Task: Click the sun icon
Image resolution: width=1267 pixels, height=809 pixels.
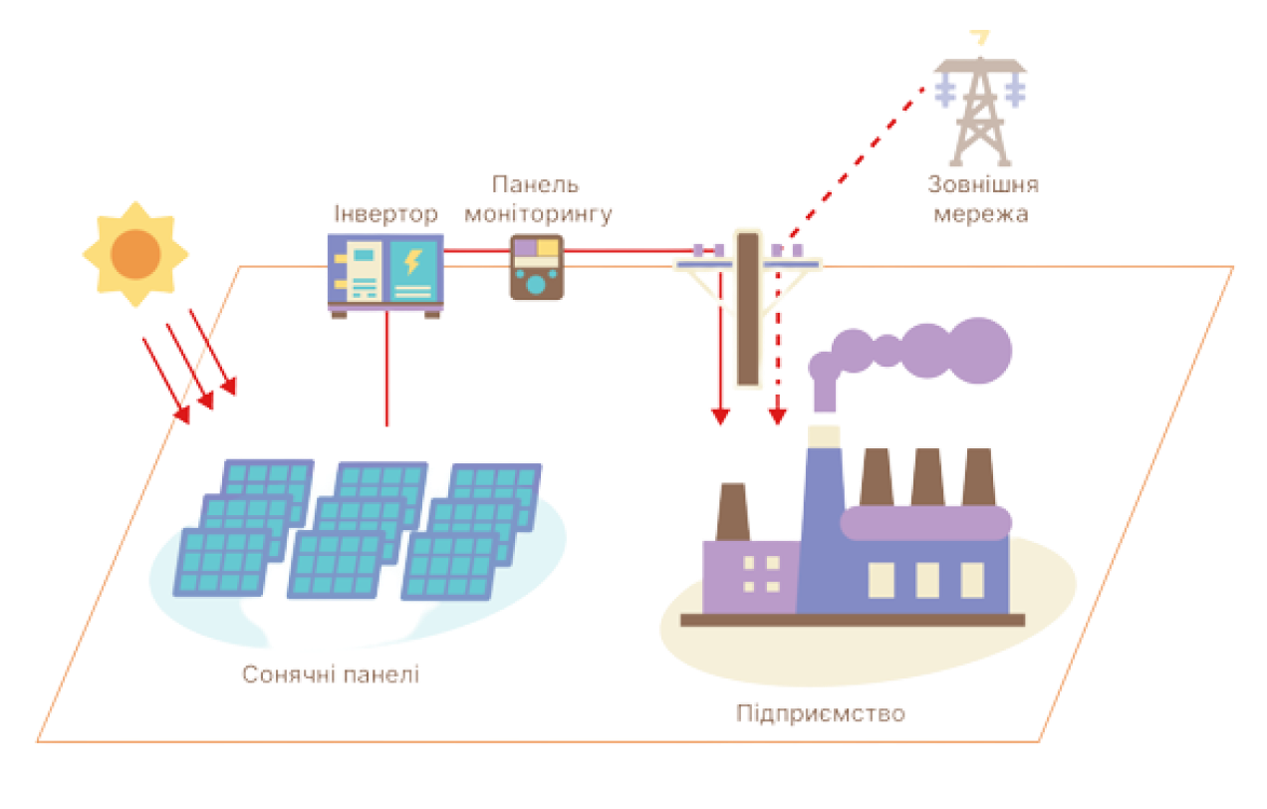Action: tap(134, 253)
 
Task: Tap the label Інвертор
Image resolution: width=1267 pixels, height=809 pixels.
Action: tap(385, 214)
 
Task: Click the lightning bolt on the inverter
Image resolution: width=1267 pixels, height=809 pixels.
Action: tap(411, 263)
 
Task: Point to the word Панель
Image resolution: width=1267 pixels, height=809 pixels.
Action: tap(536, 184)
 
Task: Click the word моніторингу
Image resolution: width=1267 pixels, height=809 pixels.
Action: tap(553, 213)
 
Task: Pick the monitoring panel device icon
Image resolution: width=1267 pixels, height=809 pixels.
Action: tap(537, 267)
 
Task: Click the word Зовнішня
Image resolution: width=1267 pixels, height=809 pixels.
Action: tap(982, 185)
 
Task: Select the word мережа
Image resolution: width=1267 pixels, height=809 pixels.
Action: tap(981, 213)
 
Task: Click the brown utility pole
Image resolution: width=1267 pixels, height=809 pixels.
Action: tap(747, 309)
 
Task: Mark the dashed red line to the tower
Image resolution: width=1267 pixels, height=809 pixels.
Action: tap(857, 159)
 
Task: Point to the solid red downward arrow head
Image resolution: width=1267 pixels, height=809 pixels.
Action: tap(718, 416)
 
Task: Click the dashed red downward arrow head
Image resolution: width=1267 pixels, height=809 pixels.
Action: tap(777, 416)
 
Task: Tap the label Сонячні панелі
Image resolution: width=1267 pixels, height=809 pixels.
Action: tap(331, 674)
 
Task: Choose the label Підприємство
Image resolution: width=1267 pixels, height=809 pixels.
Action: tap(821, 713)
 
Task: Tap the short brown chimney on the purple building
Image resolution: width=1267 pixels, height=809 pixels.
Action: tap(732, 511)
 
